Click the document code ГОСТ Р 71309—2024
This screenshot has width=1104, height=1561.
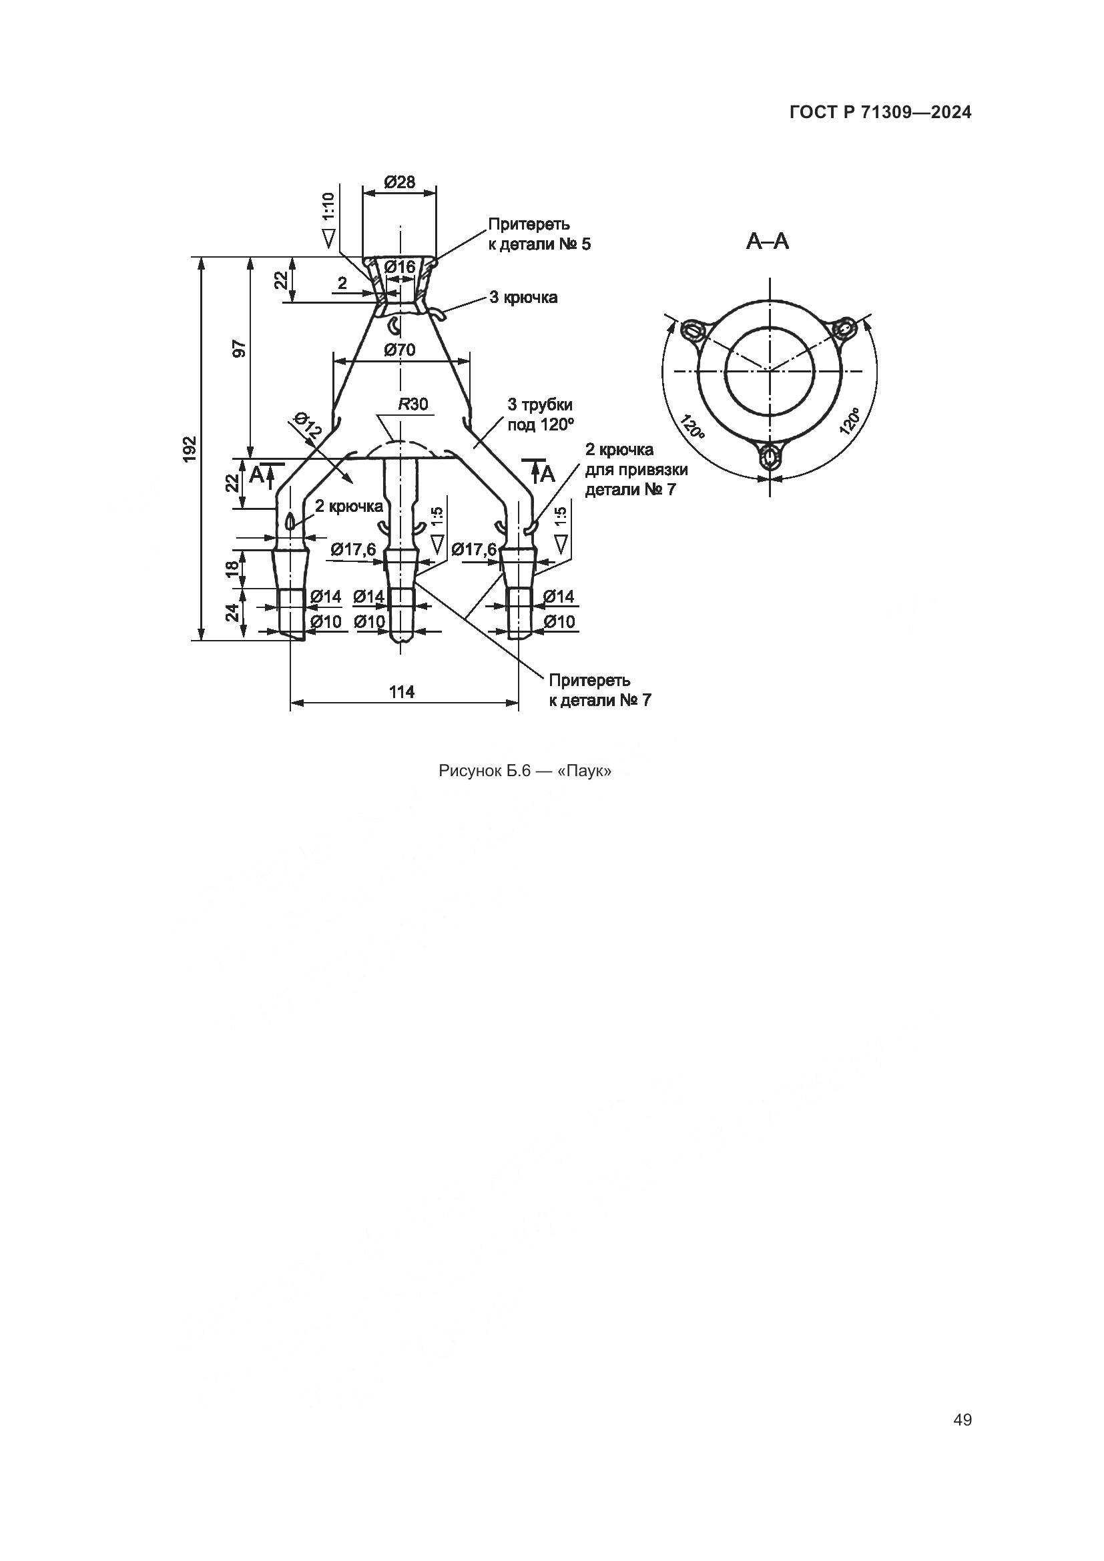(x=880, y=113)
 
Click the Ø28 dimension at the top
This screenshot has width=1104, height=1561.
(x=400, y=182)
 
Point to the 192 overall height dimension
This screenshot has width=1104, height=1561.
(x=190, y=448)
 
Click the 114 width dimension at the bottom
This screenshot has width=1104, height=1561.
(x=402, y=691)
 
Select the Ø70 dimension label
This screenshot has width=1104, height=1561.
(x=400, y=350)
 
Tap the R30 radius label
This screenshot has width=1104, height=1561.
(x=413, y=404)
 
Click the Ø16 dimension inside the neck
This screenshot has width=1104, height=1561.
(x=400, y=267)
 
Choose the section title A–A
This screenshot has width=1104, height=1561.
(x=768, y=242)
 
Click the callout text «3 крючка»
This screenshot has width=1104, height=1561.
(x=523, y=298)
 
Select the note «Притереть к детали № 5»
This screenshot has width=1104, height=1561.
(x=540, y=234)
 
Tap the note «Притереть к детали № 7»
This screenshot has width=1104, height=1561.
(x=600, y=690)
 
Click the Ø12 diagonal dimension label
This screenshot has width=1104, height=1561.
(x=308, y=424)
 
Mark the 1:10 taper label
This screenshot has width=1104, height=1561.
(x=328, y=206)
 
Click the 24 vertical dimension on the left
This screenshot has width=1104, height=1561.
(x=232, y=613)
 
